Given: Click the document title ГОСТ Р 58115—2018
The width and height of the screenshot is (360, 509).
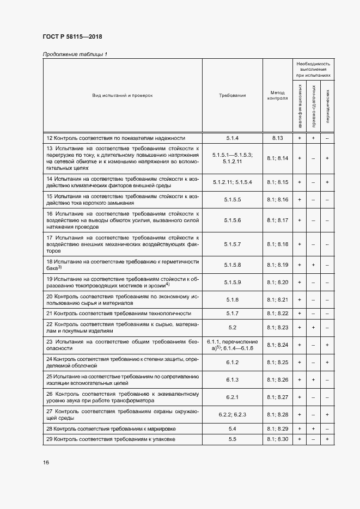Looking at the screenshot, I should click(72, 37).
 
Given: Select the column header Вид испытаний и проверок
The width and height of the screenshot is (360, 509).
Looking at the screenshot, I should click(122, 95).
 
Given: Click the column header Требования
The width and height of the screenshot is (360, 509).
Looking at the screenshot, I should click(233, 95).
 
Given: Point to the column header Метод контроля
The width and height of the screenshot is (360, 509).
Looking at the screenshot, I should click(277, 95).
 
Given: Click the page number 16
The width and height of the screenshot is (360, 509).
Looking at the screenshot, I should click(46, 463).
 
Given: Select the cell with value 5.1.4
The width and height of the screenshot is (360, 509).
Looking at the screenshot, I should click(233, 138).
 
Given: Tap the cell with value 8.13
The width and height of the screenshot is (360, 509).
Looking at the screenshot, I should click(277, 138).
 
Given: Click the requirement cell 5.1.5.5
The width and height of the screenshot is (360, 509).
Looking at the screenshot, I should click(233, 200).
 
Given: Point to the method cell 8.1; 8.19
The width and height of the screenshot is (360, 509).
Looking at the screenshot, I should click(277, 265).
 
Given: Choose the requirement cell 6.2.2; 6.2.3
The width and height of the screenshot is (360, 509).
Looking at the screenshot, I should click(233, 415).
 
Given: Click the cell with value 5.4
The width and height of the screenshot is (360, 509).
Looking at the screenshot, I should click(233, 429).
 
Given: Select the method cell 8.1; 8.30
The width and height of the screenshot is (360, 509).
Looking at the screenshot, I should click(277, 439).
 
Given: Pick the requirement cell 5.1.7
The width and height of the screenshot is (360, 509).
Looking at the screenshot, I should click(233, 314).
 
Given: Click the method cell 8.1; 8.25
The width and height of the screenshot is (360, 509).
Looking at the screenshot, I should click(277, 363).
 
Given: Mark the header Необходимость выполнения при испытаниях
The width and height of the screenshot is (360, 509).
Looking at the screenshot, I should click(313, 70).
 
